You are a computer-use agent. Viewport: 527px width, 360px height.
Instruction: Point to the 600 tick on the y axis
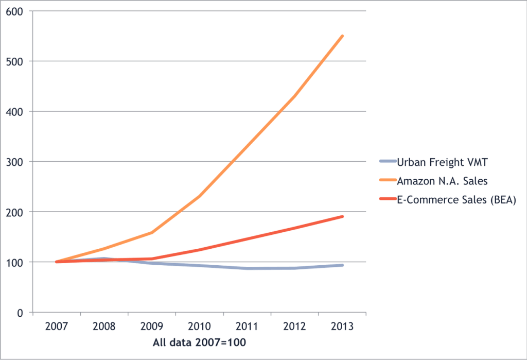(15, 11)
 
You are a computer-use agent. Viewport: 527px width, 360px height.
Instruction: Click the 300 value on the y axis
(15, 162)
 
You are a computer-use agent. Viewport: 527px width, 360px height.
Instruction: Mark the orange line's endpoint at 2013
(342, 36)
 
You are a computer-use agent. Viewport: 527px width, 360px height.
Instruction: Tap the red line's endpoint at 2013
(342, 216)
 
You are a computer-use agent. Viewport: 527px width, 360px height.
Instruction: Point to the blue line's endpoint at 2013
(342, 265)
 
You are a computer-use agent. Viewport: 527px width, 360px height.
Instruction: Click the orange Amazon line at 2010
(199, 196)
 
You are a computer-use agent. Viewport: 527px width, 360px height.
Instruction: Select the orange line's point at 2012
(295, 96)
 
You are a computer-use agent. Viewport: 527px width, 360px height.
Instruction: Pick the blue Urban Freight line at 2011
(247, 268)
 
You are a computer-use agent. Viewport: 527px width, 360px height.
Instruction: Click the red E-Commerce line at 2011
(247, 239)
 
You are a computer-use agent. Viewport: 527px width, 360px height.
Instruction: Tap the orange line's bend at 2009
(152, 232)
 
